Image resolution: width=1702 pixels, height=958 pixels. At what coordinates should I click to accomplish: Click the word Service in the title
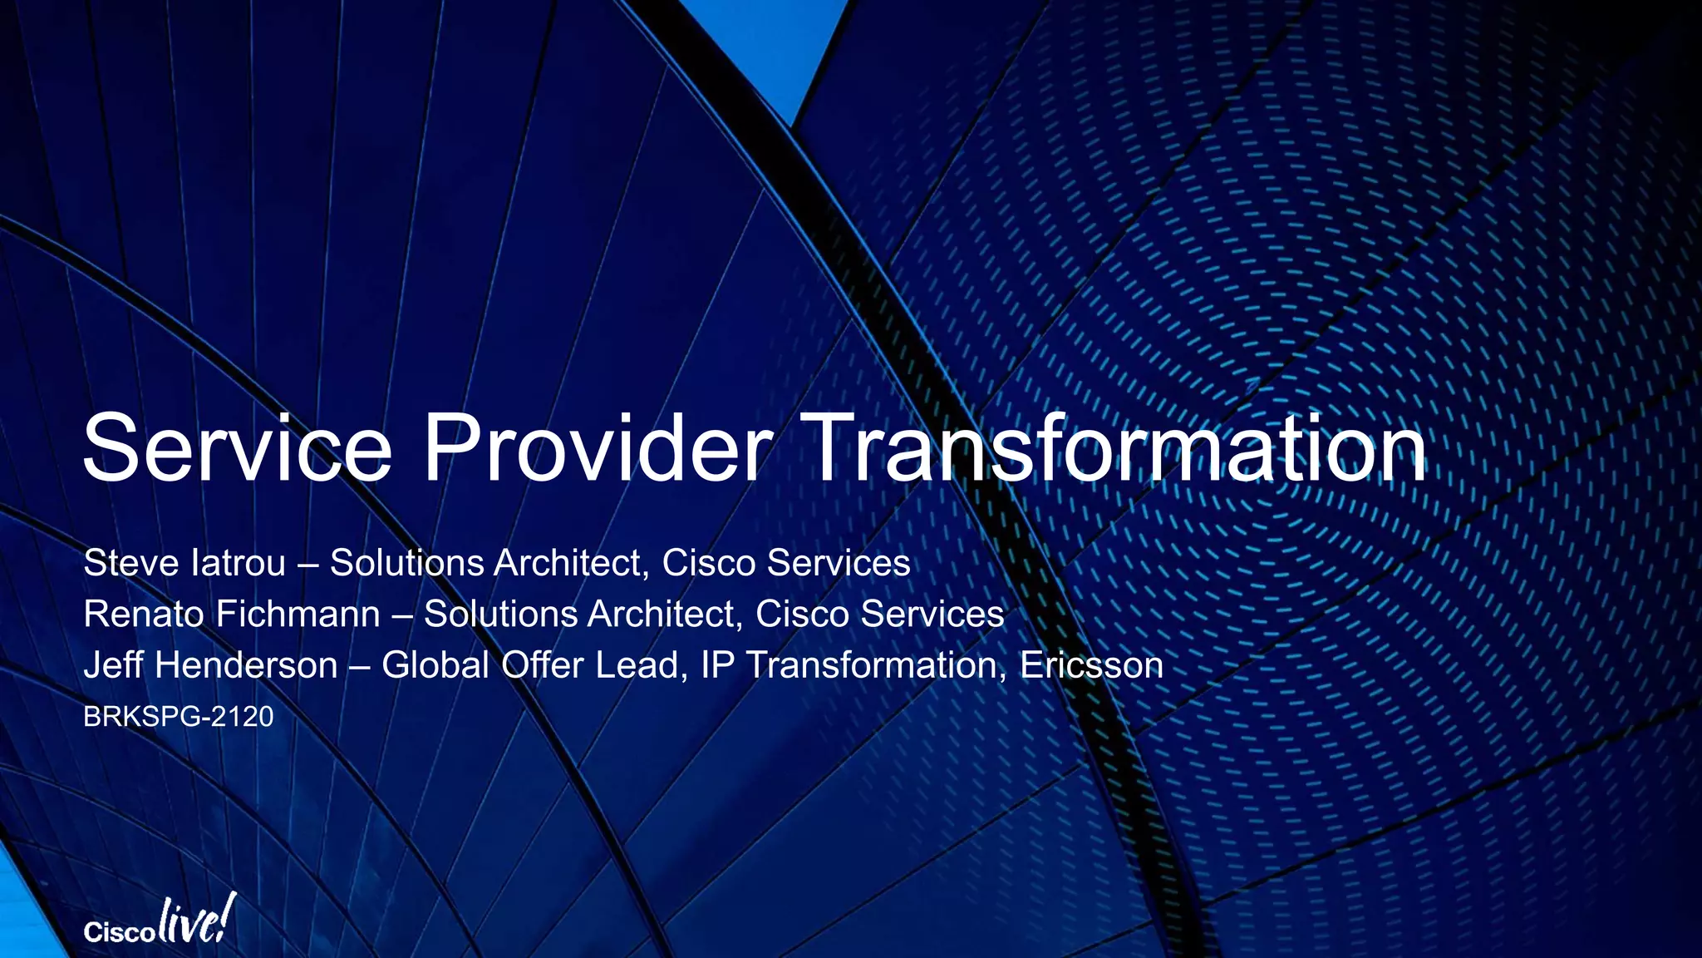coord(237,449)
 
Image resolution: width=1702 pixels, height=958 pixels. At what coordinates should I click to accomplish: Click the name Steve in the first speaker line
coord(132,563)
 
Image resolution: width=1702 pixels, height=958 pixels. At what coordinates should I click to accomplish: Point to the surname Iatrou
coord(238,563)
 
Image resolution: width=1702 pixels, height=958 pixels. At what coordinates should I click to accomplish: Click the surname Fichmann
coord(298,615)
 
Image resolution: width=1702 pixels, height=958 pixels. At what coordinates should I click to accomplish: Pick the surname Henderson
coord(246,665)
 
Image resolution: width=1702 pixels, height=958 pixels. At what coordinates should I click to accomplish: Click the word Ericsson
coord(1091,665)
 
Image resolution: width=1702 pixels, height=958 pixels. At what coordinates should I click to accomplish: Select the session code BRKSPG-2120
coord(178,717)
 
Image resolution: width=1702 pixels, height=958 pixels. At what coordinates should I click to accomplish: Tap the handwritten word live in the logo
coord(193,921)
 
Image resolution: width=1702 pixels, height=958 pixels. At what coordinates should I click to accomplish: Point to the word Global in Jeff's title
coord(435,665)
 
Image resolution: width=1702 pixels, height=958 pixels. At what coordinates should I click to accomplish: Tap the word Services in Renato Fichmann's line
coord(932,615)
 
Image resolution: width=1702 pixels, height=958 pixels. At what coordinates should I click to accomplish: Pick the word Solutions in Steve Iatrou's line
coord(407,563)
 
